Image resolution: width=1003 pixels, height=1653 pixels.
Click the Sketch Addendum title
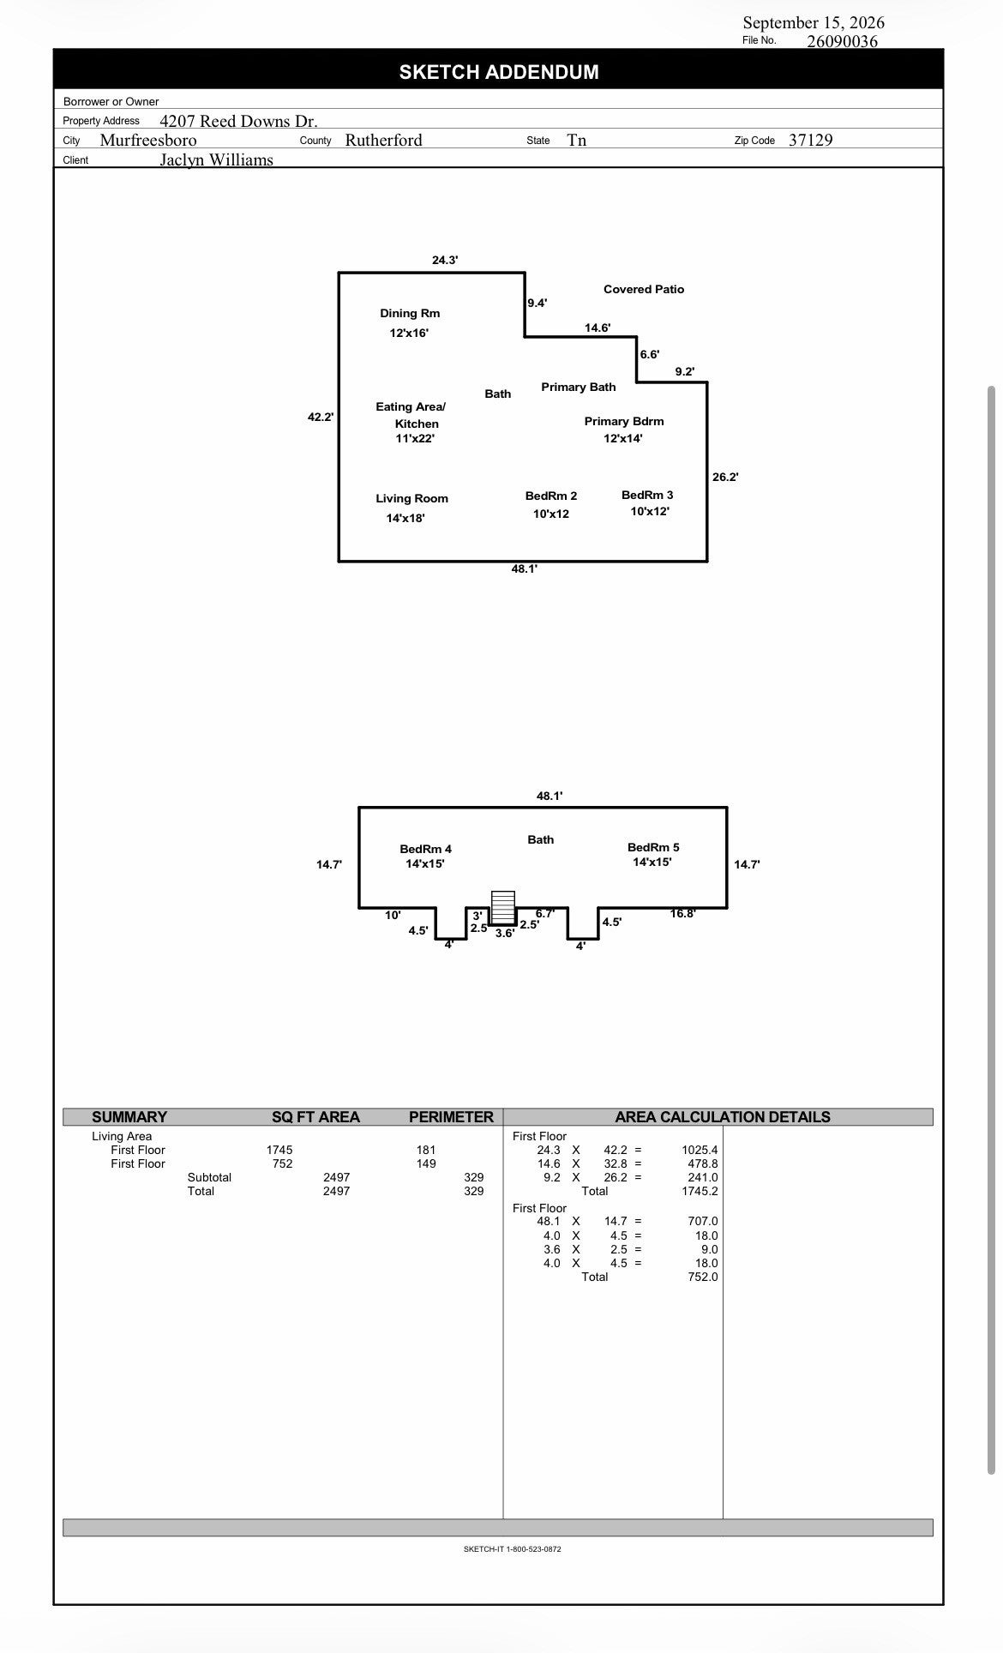click(x=499, y=72)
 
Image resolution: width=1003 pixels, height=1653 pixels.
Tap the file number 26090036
click(x=842, y=41)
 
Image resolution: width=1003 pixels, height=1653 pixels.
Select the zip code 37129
click(x=810, y=140)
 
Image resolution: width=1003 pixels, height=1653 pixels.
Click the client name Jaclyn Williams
click(x=216, y=160)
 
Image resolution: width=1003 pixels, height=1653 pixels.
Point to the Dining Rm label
click(x=410, y=314)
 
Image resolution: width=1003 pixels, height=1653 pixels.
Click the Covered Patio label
click(x=644, y=290)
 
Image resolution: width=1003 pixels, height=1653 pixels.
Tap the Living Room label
click(x=411, y=499)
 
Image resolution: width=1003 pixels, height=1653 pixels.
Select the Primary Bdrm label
click(x=624, y=422)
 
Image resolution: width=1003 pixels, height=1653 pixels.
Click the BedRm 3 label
click(x=647, y=496)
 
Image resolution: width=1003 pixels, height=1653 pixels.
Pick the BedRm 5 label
click(x=653, y=848)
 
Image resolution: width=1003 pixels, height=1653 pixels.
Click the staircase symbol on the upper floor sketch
click(x=502, y=907)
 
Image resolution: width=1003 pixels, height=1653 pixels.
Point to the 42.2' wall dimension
click(x=321, y=418)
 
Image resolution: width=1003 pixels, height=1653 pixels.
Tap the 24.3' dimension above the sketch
click(x=445, y=261)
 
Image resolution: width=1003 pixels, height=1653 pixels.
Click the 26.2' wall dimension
click(x=725, y=478)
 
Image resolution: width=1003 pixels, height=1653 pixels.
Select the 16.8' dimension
click(x=682, y=914)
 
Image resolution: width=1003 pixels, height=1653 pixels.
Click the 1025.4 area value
click(x=700, y=1151)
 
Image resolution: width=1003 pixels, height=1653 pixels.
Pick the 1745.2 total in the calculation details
click(x=700, y=1192)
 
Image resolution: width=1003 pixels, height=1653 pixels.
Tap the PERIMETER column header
click(x=451, y=1117)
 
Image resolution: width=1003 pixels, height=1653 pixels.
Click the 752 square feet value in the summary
click(x=282, y=1164)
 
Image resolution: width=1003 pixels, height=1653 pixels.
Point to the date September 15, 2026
click(x=814, y=23)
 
